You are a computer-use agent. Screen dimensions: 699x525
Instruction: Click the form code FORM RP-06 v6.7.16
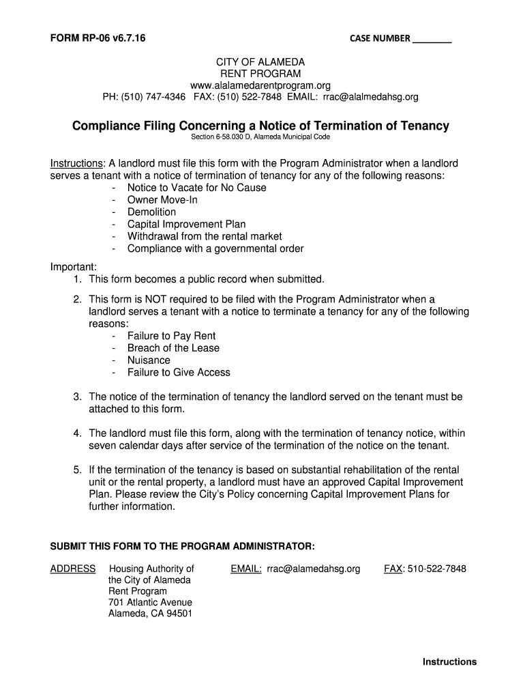pos(97,38)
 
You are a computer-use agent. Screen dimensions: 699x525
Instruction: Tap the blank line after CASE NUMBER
pos(432,40)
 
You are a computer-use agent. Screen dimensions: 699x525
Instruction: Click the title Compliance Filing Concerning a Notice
pos(261,126)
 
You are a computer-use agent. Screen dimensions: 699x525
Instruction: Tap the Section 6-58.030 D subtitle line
pos(260,137)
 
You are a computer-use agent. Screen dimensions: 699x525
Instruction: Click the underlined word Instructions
pos(76,164)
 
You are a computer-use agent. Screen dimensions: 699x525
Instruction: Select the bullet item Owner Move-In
pos(162,200)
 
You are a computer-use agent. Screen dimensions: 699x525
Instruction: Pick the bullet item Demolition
pos(151,212)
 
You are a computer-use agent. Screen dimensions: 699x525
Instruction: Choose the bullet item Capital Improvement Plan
pos(186,225)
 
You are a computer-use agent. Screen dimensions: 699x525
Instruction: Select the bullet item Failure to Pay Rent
pos(171,336)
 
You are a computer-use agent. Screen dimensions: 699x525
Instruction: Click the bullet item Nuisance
pos(149,360)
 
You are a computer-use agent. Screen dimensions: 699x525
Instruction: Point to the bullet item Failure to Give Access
pos(179,373)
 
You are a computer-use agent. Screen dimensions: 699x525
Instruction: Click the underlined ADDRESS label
pos(73,569)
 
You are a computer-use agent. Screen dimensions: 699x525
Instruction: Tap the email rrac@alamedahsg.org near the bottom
pos(313,569)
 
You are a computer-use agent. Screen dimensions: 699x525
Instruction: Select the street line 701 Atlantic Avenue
pos(150,602)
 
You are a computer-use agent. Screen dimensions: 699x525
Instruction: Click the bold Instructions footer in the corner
pos(449,661)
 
